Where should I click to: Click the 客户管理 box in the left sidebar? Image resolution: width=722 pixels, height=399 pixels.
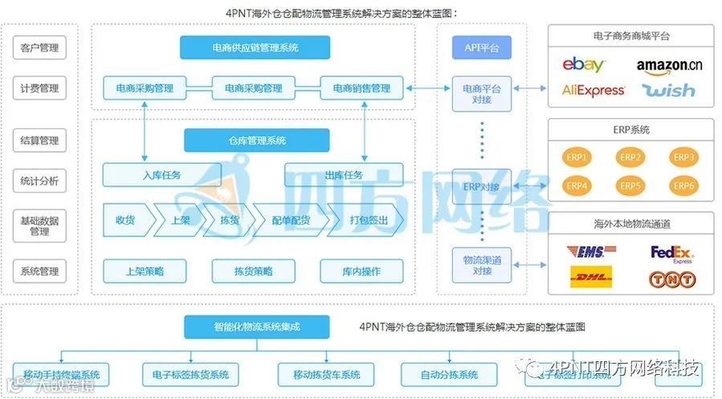tap(39, 48)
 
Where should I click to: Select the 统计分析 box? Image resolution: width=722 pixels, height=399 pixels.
tap(39, 181)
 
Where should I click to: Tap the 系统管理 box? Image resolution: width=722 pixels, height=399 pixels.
tap(39, 271)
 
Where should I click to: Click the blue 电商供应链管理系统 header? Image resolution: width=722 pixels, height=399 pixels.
tap(255, 47)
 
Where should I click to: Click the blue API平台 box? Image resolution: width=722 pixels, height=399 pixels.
tap(482, 47)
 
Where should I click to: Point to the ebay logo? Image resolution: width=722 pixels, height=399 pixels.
tap(584, 64)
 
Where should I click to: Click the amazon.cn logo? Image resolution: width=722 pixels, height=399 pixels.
tap(668, 65)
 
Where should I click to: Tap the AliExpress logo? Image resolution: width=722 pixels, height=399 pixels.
tap(594, 91)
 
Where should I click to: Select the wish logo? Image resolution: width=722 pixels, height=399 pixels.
tap(668, 90)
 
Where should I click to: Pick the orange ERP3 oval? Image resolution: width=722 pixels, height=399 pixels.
tap(683, 157)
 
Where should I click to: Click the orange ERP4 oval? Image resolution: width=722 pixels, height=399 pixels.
tap(577, 185)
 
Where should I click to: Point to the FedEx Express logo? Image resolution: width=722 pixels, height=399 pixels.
tap(672, 254)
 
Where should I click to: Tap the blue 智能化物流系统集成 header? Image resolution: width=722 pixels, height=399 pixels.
tap(256, 327)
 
